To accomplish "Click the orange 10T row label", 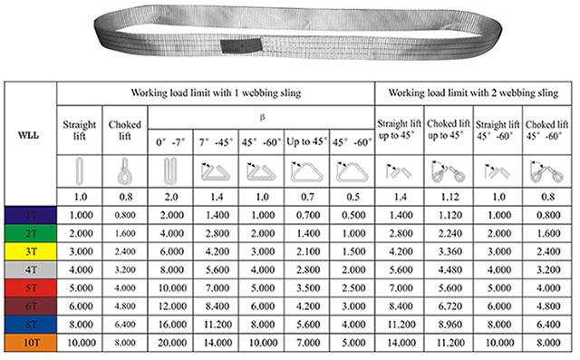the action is coord(30,341).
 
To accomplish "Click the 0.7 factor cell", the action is coord(307,195).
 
